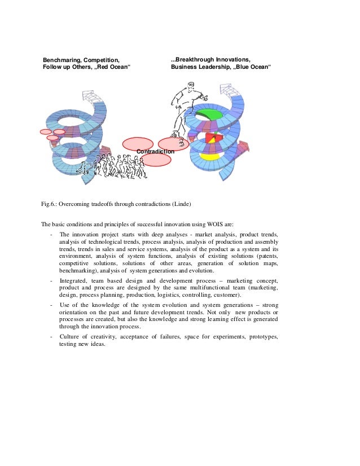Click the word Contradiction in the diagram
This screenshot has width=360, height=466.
[x=155, y=151]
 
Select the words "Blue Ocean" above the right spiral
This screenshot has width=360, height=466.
[x=252, y=68]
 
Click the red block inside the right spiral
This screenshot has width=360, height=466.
[x=212, y=138]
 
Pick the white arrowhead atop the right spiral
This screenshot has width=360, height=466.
[x=226, y=90]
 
